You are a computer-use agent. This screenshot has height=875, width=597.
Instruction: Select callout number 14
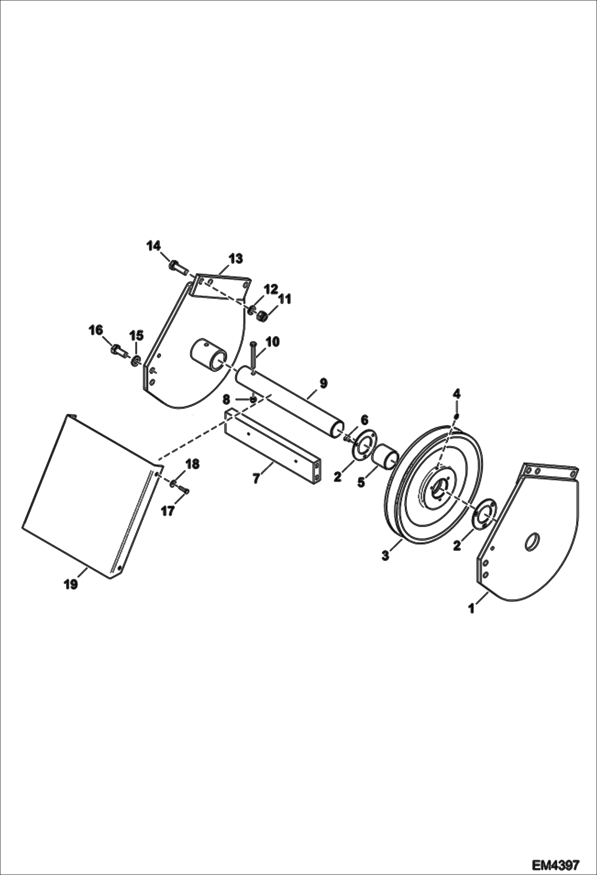(x=153, y=246)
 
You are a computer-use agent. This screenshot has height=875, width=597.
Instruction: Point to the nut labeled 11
(x=261, y=316)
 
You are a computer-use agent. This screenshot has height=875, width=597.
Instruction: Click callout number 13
(x=236, y=258)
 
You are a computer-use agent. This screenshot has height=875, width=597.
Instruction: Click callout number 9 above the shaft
(x=323, y=383)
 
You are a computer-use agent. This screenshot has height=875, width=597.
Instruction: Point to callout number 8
(x=226, y=398)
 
